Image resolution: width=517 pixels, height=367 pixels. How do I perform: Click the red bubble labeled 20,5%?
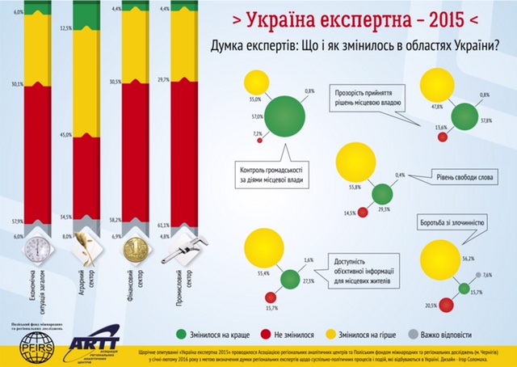(x=452, y=305)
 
